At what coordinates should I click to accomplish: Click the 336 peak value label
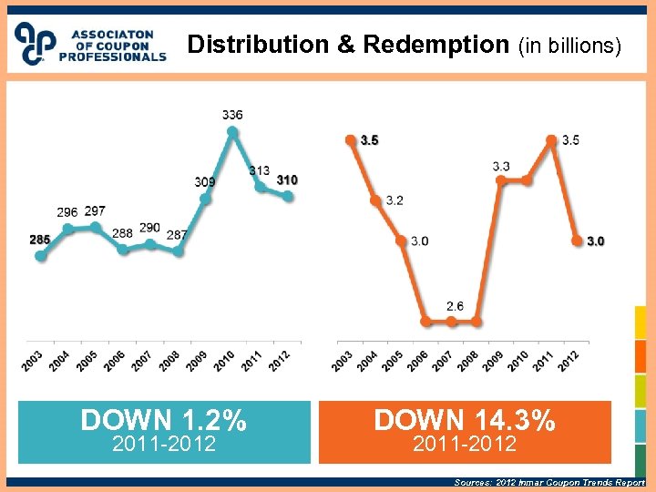click(x=232, y=115)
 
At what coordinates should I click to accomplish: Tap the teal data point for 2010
click(x=232, y=132)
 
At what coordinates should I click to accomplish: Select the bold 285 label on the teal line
click(x=39, y=240)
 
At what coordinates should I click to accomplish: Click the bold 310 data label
click(x=287, y=179)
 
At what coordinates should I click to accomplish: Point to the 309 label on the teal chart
click(x=205, y=182)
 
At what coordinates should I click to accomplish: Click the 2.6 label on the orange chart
click(x=455, y=306)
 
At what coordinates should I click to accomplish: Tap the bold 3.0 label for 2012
click(x=595, y=241)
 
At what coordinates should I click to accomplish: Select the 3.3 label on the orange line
click(x=501, y=166)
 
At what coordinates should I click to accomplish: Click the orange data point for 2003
click(x=350, y=140)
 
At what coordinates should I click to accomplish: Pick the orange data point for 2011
click(x=551, y=140)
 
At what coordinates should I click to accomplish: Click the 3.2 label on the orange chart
click(x=394, y=200)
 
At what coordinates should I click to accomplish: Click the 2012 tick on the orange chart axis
click(x=569, y=360)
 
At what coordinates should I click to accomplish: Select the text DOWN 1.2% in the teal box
click(x=163, y=420)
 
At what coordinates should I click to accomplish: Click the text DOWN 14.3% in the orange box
click(x=465, y=420)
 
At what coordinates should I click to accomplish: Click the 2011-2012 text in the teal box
click(x=163, y=444)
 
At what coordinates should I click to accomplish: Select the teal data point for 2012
click(x=288, y=196)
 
